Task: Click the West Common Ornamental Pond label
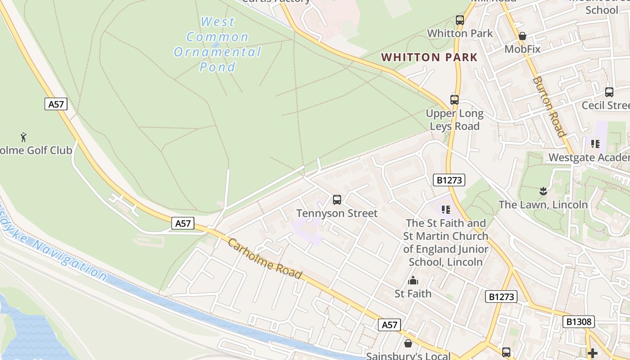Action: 218,44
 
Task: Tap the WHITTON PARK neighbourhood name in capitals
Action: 429,57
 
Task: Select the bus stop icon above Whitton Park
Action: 459,20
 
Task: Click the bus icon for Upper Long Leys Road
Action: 454,100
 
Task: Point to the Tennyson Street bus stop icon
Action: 337,200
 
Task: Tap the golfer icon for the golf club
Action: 23,137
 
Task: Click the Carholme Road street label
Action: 264,258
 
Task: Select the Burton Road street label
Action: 549,106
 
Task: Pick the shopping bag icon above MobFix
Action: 522,36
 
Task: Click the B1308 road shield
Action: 578,322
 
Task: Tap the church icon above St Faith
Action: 413,281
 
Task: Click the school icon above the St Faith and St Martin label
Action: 446,209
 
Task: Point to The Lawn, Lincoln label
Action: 543,205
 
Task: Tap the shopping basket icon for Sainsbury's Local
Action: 408,343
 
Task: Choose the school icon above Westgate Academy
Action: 595,144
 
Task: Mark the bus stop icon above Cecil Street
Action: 609,92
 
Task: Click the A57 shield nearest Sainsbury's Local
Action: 389,325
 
